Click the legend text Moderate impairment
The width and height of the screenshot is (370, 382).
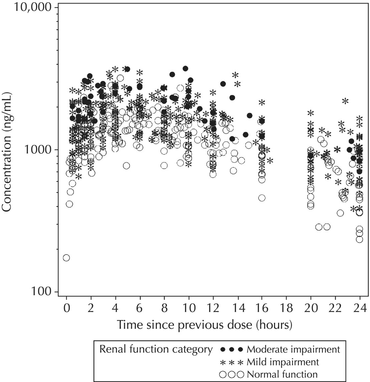click(293, 350)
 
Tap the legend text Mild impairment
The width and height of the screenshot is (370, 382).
click(283, 362)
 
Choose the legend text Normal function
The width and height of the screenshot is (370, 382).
click(282, 374)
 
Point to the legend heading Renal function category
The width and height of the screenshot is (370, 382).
click(156, 350)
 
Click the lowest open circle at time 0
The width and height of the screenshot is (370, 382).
click(66, 258)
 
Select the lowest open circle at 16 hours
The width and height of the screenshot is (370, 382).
click(262, 198)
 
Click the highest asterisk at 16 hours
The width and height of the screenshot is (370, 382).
click(262, 102)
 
